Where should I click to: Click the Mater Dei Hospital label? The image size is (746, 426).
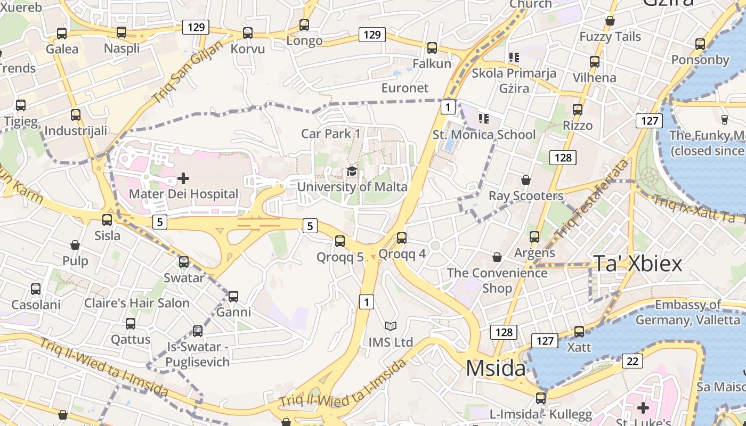pos(184,194)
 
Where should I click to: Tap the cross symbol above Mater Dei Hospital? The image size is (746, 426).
pos(183,178)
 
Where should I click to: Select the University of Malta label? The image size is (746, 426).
pos(352,187)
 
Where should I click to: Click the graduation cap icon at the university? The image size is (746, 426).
pos(352,171)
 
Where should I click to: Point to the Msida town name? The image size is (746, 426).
pos(496,368)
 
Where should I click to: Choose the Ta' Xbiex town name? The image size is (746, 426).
pos(637,264)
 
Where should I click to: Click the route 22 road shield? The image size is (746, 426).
pos(632,361)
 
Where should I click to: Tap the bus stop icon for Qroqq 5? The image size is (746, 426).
pos(340,241)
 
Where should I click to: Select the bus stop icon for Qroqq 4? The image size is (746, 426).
pos(402,237)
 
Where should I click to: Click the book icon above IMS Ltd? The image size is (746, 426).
pos(391,326)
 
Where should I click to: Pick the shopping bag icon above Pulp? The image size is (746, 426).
pos(75,245)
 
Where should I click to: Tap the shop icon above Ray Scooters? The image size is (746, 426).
pos(526,180)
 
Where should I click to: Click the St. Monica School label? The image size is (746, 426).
pos(484,135)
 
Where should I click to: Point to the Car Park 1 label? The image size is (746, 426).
pos(331,134)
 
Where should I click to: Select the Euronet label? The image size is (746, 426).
pos(405,88)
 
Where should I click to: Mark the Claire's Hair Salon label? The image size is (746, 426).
pos(137,303)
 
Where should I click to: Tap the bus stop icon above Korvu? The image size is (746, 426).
pos(248,33)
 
